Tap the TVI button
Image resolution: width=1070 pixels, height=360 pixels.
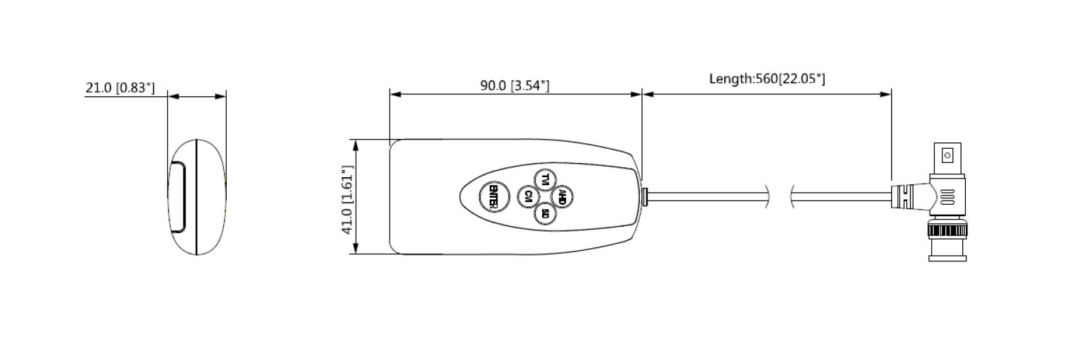tap(544, 180)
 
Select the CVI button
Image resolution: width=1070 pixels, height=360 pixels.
tap(528, 197)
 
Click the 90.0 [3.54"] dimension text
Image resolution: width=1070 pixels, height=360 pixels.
tap(514, 86)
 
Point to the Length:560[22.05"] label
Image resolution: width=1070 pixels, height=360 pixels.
tap(767, 79)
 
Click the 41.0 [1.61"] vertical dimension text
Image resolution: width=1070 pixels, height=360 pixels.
tap(347, 201)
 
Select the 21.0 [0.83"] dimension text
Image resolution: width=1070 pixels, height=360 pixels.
tap(120, 88)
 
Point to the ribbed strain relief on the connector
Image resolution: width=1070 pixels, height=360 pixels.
tap(904, 195)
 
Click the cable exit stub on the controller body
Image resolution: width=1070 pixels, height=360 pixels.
tap(644, 196)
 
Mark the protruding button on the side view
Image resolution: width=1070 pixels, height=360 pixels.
tap(176, 197)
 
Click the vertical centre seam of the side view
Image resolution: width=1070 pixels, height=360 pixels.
tap(196, 197)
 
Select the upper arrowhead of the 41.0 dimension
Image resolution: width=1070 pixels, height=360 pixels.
tap(356, 144)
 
